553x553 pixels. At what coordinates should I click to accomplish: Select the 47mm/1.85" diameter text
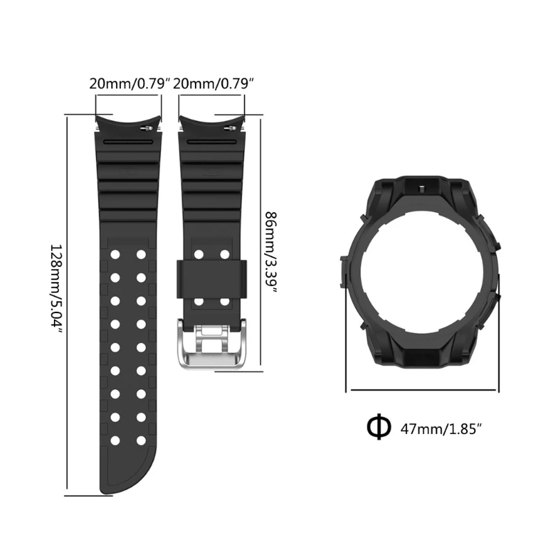[440, 428]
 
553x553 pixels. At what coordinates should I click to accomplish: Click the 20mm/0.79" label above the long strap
[130, 84]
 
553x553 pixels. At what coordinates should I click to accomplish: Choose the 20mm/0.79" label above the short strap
[214, 84]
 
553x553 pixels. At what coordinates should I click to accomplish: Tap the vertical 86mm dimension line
[259, 245]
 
